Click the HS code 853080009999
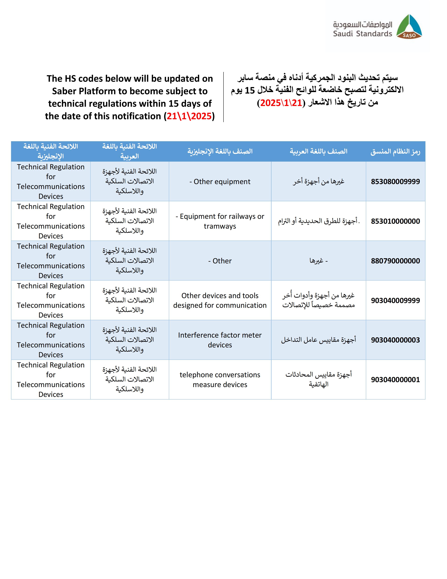(x=395, y=182)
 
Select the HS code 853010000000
(x=395, y=221)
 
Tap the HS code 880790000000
(x=395, y=261)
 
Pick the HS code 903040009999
(x=395, y=300)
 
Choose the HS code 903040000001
(x=395, y=380)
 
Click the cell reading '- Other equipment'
(x=220, y=182)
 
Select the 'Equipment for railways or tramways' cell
(x=220, y=221)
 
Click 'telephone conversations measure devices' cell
(x=220, y=380)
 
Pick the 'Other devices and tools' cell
(x=220, y=300)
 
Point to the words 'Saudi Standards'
(x=362, y=34)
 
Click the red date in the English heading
(x=189, y=116)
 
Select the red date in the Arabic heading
(x=281, y=103)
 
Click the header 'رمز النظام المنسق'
(x=395, y=152)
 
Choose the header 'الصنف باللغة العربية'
(x=318, y=151)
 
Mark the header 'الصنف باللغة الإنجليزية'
(x=220, y=151)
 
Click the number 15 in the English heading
(x=173, y=104)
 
